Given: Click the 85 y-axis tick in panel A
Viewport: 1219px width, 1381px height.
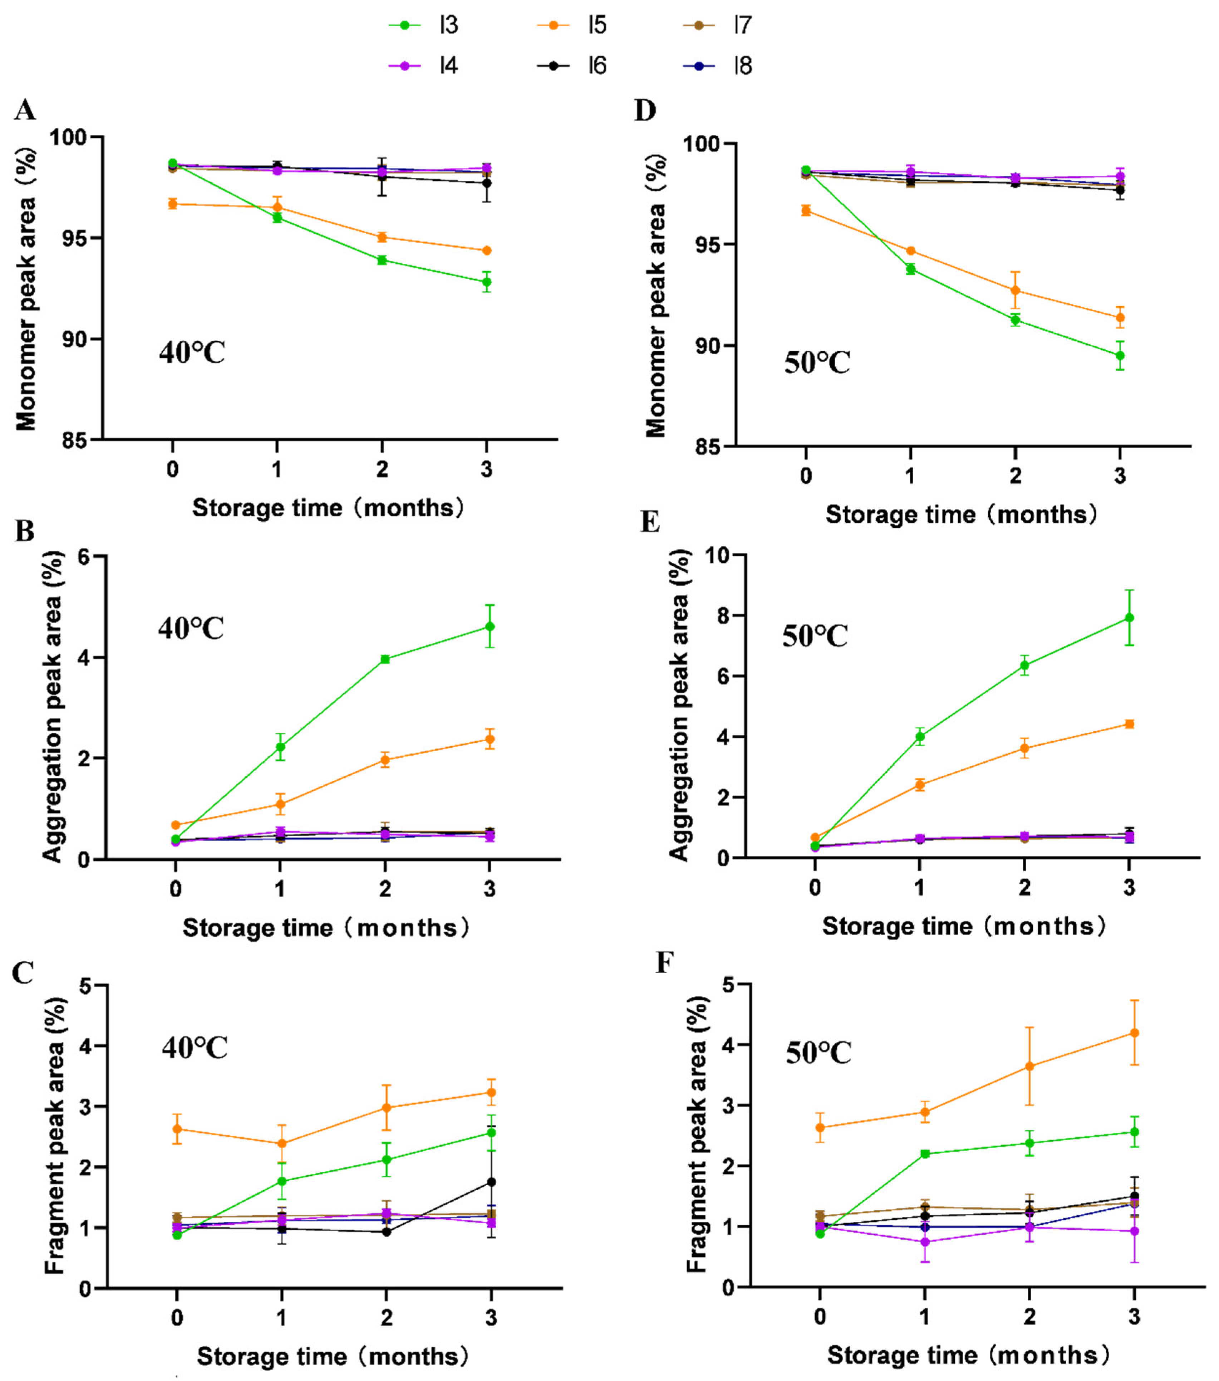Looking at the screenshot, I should [x=76, y=440].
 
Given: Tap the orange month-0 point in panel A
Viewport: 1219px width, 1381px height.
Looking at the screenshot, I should [x=173, y=203].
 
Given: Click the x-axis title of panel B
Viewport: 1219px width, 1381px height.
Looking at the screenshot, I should [x=326, y=928].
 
